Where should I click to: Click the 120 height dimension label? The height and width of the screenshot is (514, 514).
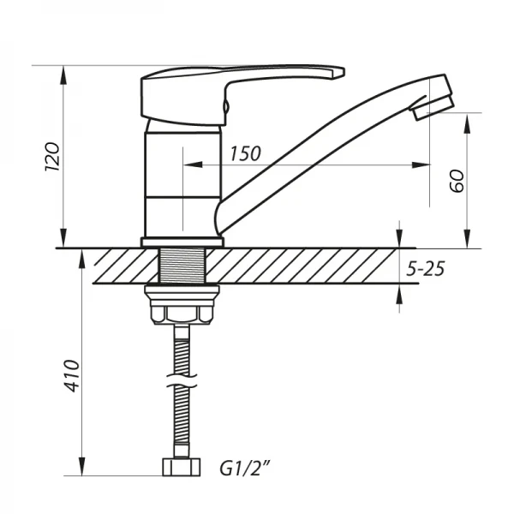click(52, 158)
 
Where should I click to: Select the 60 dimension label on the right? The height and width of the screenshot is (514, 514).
click(456, 181)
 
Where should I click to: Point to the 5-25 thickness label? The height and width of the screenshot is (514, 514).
click(425, 269)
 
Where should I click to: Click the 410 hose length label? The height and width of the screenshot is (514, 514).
click(72, 378)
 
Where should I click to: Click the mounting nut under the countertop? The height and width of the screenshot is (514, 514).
click(182, 307)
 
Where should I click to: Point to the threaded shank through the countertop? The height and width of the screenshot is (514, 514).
click(182, 267)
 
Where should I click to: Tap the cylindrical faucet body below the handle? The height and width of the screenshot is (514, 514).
click(182, 180)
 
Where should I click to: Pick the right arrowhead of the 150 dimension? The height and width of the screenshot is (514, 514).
click(423, 164)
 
